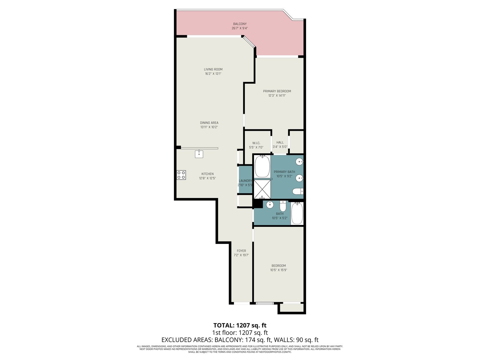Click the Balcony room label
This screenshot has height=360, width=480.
point(240,24)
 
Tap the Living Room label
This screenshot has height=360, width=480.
point(213,69)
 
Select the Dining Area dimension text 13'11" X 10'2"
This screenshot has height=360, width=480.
point(209,127)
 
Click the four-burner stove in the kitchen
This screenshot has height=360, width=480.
point(181,175)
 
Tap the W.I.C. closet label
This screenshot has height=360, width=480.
point(256,143)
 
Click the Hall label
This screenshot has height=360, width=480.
point(280,142)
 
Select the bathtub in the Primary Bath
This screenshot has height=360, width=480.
point(262,166)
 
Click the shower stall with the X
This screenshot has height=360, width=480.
point(262,189)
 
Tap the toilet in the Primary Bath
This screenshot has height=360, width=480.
point(298,191)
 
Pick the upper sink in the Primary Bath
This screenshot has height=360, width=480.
point(299,162)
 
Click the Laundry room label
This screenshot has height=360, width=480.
point(245,181)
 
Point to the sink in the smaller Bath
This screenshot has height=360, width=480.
point(270,205)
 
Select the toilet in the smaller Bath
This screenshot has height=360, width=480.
point(283,206)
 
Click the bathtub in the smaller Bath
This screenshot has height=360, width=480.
point(297,213)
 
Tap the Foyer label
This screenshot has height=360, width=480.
point(241,251)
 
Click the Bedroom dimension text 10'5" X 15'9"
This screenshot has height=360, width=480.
point(279,270)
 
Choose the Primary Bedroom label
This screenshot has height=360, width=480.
point(277,91)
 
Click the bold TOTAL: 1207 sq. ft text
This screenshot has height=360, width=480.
point(240,325)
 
